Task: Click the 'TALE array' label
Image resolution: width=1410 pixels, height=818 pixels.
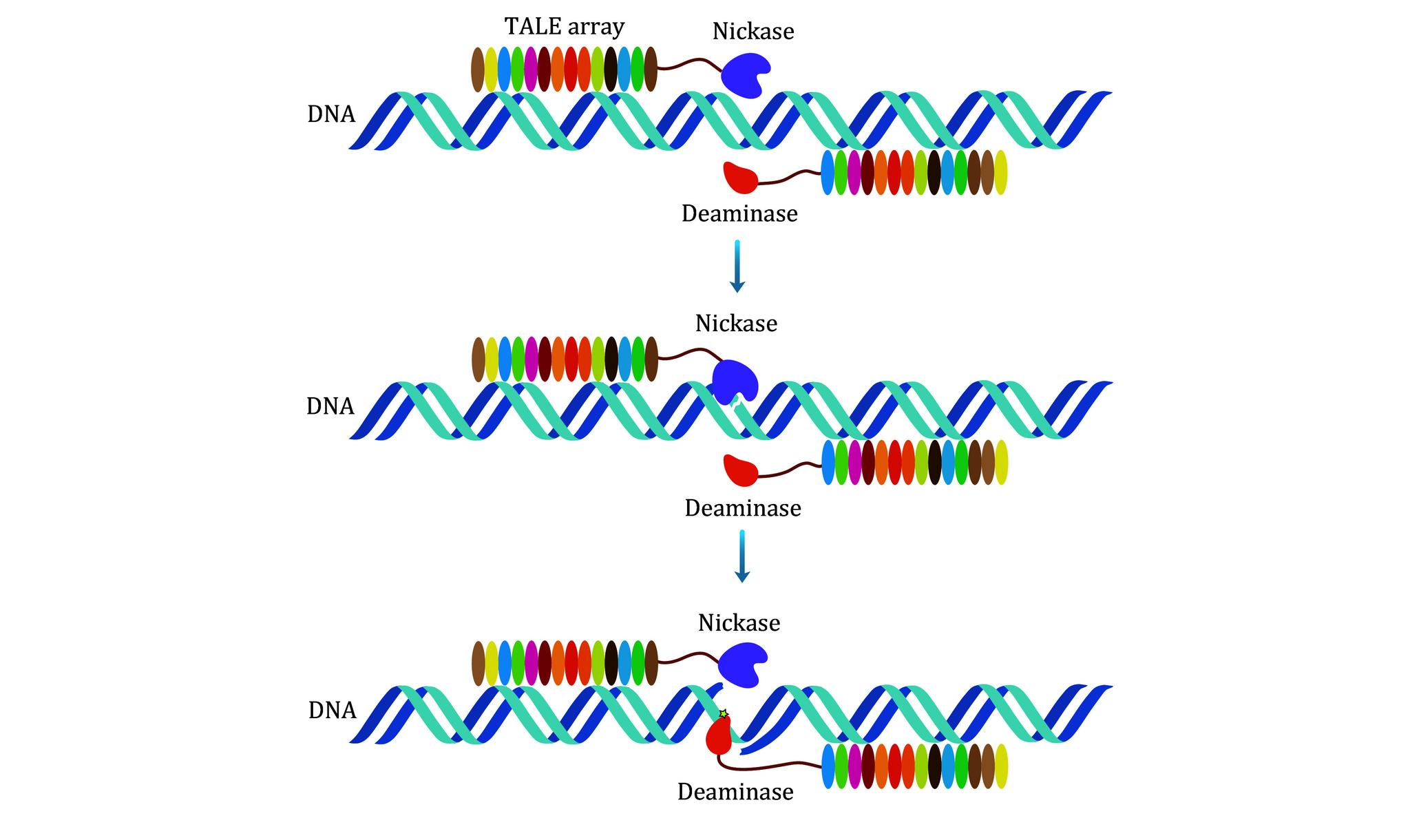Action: coord(564,27)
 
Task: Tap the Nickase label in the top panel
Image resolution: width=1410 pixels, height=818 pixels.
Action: coord(753,31)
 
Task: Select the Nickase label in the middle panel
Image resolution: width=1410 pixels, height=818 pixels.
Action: coord(736,323)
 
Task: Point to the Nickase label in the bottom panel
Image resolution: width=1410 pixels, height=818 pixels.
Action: coord(739,622)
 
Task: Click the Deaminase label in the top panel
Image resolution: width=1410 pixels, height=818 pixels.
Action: coord(739,213)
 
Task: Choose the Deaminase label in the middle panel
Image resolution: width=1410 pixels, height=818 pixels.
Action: coord(743,508)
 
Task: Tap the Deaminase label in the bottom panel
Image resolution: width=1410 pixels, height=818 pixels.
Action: coord(735,792)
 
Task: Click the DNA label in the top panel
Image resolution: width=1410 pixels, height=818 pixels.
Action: coord(331,114)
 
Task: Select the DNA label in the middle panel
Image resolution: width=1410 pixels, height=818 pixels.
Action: coord(330,406)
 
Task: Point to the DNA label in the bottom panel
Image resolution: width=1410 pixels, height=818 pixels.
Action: coord(333,710)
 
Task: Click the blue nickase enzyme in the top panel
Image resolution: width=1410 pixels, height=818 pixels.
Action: coord(746,72)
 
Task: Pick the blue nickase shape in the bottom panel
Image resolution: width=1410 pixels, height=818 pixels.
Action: coord(742,664)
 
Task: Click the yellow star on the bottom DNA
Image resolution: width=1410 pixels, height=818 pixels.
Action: coord(723,714)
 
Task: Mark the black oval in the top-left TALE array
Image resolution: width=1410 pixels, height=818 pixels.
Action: coord(611,70)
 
